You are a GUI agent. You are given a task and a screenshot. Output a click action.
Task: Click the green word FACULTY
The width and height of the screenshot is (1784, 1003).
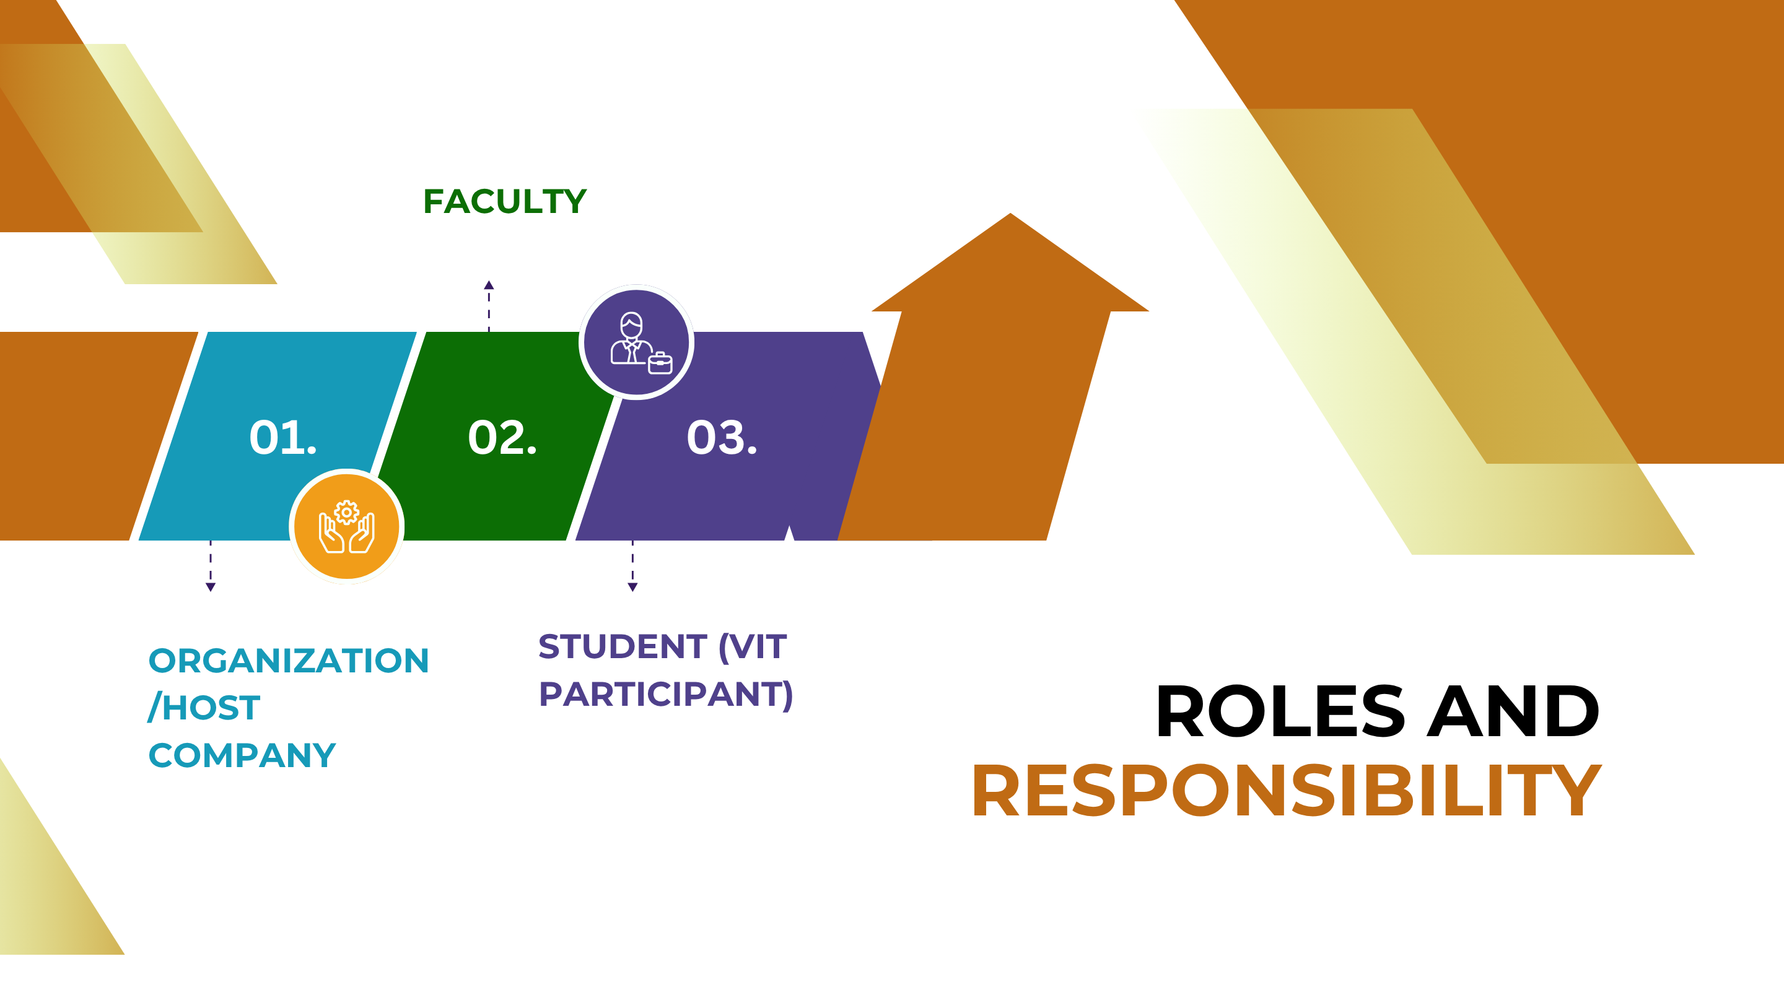tap(505, 201)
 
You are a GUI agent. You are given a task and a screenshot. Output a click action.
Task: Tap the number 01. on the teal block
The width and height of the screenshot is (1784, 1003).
tap(283, 438)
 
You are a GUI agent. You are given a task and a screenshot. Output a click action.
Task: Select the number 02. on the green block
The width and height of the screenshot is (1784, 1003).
tap(502, 438)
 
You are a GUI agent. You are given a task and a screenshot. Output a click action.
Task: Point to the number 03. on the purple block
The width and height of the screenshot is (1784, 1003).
tap(722, 438)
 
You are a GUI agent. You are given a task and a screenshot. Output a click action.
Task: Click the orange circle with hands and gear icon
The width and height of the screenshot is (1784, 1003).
tap(347, 527)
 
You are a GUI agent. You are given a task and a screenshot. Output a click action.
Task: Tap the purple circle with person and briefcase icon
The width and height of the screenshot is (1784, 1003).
tap(636, 342)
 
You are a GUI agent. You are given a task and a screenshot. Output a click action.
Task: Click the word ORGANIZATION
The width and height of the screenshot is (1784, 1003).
tap(289, 661)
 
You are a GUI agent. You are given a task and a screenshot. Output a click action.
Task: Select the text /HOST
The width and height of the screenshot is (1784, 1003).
tap(204, 708)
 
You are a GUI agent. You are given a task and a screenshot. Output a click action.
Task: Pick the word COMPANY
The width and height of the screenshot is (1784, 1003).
tap(242, 755)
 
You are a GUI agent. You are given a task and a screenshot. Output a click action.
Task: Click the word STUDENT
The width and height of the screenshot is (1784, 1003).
tap(623, 646)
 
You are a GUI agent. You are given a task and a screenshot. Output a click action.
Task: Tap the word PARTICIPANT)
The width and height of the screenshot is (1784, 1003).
tap(665, 694)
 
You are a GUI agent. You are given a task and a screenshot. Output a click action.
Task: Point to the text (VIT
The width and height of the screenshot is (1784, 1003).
tap(753, 647)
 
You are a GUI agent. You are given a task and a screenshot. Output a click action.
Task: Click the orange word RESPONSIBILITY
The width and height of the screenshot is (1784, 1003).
tap(1287, 791)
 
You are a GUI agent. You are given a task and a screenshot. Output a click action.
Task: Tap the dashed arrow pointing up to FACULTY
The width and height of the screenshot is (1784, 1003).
tap(489, 306)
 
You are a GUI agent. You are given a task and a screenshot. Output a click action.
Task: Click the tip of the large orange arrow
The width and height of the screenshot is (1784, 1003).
tap(1010, 213)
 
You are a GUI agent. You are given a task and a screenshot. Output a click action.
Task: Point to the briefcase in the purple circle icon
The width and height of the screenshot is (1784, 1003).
tap(660, 363)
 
